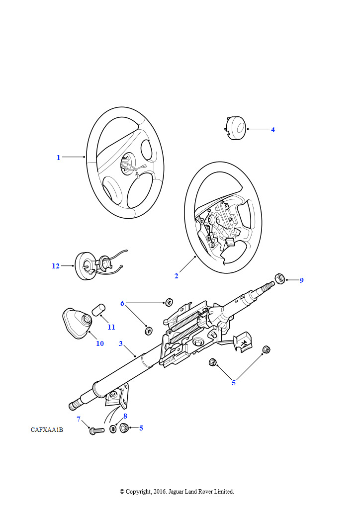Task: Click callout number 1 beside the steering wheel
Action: (59, 158)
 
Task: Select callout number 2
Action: (176, 276)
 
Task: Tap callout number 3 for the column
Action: (121, 343)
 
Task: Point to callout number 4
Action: (272, 130)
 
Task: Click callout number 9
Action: (301, 280)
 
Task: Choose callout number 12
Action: (56, 266)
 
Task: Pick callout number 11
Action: (111, 327)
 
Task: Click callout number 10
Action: (100, 343)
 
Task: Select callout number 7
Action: (79, 419)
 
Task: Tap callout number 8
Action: (125, 416)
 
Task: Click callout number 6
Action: (122, 303)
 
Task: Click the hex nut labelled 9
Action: (280, 278)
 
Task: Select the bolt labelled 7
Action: (96, 430)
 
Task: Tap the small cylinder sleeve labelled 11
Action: (98, 309)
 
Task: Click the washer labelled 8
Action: (113, 428)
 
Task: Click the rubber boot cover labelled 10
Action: (77, 322)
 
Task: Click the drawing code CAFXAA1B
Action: (47, 430)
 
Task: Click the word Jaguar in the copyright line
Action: (176, 492)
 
